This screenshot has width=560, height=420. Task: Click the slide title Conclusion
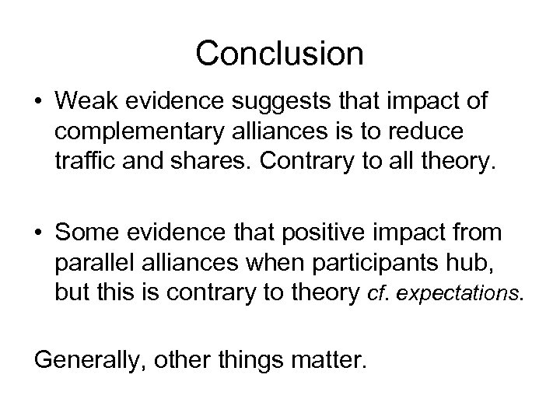click(x=280, y=54)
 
